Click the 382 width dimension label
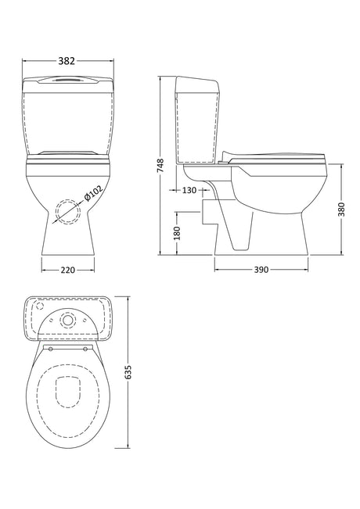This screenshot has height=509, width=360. pos(67,61)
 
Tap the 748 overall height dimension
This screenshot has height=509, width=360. pos(161,165)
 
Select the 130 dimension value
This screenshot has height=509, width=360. pos(189,190)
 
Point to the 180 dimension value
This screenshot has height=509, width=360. pos(177,234)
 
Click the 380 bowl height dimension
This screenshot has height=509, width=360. pos(341,210)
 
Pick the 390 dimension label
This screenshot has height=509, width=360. pos(261,270)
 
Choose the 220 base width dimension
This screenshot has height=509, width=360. pos(68,270)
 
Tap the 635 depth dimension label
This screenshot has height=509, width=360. pos(128,372)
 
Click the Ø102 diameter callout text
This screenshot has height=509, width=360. pos(93,193)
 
